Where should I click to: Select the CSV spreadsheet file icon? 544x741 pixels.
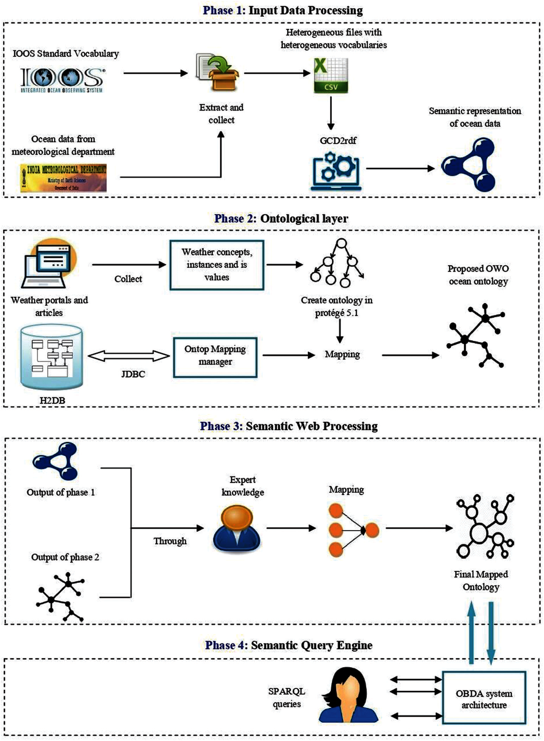331,75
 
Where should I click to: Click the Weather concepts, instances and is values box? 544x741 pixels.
217,265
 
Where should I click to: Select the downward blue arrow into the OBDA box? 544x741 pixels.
491,632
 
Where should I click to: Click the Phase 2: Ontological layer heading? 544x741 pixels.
281,218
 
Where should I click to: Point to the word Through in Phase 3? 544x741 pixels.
170,541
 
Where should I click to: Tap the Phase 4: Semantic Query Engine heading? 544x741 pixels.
289,645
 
